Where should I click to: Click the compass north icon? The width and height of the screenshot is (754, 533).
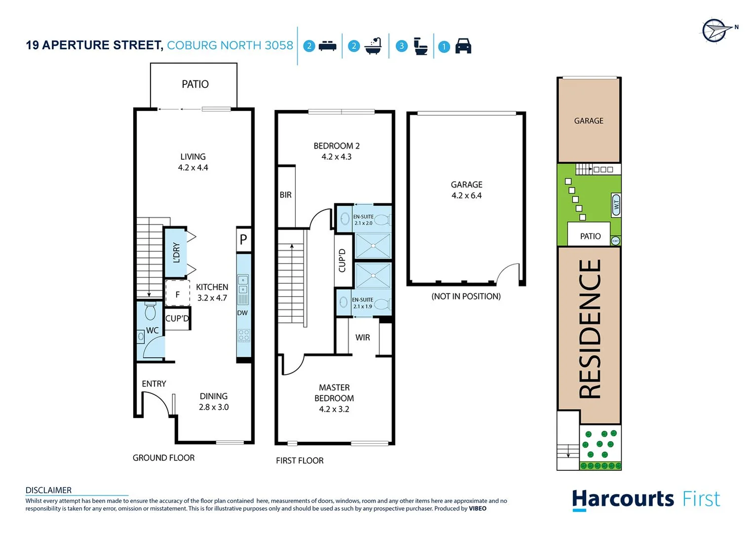715,31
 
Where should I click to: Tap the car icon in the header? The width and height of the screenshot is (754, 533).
463,46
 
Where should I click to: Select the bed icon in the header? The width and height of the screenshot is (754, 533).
327,46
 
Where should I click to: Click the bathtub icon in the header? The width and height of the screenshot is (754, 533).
373,46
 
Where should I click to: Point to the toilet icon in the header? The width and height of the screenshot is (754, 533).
420,46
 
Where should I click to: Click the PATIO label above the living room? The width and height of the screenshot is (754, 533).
195,84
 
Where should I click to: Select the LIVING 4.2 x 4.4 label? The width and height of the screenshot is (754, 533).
193,162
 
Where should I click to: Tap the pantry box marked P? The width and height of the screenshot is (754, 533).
243,240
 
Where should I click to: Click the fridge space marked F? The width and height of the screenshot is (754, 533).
177,295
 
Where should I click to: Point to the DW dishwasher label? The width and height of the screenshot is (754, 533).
242,313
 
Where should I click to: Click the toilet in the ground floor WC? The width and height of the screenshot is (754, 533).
150,311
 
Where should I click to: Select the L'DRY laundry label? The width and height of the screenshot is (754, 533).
176,252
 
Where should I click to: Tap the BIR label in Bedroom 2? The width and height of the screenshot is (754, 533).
285,195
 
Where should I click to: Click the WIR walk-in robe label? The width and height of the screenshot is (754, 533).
362,338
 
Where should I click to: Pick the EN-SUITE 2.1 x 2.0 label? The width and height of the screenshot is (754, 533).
363,220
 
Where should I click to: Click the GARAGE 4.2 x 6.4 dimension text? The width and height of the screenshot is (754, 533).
467,195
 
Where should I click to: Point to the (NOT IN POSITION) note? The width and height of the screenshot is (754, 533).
466,296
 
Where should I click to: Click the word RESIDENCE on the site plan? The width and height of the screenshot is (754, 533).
590,329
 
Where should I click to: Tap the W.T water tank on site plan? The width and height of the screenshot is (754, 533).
616,205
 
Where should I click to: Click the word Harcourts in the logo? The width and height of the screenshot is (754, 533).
623,499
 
